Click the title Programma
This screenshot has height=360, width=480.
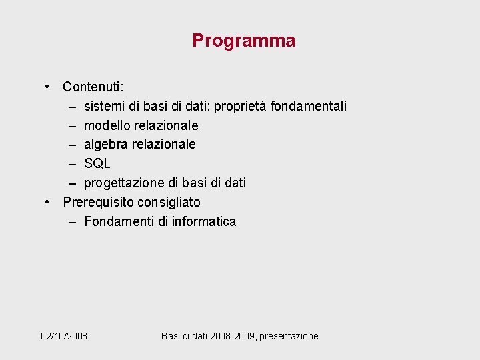[243, 41]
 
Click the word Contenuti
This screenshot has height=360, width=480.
[93, 87]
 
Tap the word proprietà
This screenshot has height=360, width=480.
[239, 107]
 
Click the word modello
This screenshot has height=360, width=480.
[107, 125]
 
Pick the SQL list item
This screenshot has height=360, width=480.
[97, 163]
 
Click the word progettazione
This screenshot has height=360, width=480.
[123, 183]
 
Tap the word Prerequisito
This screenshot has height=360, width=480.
[97, 202]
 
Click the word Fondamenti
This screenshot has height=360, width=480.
[119, 221]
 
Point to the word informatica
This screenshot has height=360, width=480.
[204, 221]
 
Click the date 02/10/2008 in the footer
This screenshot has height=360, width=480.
[64, 336]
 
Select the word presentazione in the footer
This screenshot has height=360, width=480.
[289, 336]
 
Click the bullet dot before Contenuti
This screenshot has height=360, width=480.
[47, 87]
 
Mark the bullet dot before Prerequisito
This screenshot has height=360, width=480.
[47, 201]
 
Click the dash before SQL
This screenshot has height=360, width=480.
[71, 163]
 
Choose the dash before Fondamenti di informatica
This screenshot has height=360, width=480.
[71, 221]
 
